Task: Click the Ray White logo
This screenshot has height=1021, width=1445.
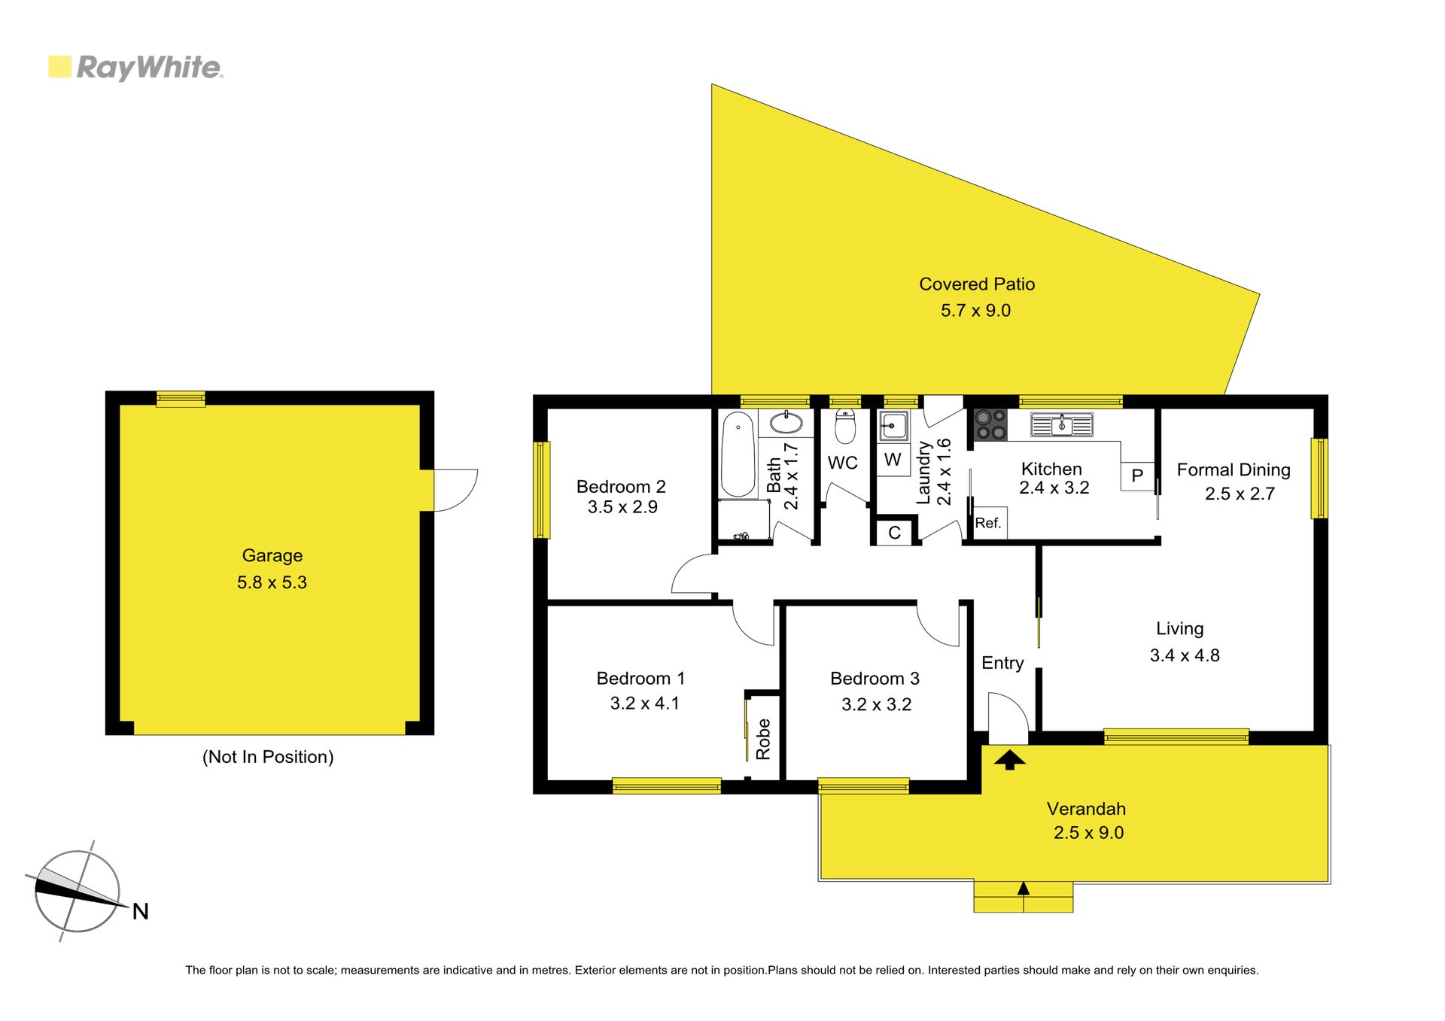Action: coord(135,68)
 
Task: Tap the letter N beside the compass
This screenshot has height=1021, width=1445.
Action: coord(141,912)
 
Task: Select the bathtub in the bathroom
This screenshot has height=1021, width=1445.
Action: coord(738,454)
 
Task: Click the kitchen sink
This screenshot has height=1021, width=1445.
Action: coord(1062,426)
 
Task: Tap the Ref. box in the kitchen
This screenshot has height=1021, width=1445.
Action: coord(988,523)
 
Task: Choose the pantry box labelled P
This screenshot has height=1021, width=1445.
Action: coord(1137,476)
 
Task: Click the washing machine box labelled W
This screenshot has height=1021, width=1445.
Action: coord(893,460)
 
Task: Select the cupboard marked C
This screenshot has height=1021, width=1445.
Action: coord(894,533)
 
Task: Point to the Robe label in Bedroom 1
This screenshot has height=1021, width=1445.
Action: coord(763,739)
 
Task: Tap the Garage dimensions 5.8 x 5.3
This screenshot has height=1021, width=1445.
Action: coord(272,582)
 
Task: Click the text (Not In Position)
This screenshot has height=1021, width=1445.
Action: coord(268,757)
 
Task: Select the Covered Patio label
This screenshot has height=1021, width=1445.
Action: coord(977,284)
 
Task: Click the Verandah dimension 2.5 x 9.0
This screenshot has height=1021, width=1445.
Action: coord(1088,833)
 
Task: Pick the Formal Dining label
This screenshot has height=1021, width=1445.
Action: coord(1234,470)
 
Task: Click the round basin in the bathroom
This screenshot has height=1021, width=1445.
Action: coord(786,423)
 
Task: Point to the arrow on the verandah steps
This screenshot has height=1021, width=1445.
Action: coord(1023,888)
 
